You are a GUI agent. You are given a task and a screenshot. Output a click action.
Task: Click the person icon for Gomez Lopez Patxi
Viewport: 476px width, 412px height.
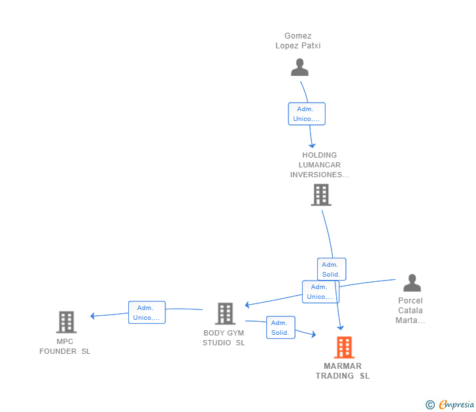tap(299, 67)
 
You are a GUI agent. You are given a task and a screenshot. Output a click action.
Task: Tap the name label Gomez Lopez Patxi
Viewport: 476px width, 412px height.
tap(297, 41)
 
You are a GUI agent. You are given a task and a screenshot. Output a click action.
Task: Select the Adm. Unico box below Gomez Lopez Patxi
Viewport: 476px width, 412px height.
tap(307, 114)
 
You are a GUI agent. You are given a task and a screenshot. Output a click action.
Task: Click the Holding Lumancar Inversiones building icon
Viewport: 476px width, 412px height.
tap(321, 195)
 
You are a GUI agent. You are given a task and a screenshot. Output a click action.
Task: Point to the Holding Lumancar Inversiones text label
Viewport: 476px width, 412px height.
tap(319, 165)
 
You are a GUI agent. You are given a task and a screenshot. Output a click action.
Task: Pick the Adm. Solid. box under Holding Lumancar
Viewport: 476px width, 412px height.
tap(331, 269)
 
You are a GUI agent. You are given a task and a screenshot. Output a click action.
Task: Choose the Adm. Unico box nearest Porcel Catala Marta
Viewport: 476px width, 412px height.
tap(320, 292)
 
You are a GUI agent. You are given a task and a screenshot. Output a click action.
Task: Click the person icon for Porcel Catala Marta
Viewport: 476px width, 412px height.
tap(412, 283)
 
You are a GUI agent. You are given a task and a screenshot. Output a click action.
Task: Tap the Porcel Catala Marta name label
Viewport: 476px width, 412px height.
tap(410, 310)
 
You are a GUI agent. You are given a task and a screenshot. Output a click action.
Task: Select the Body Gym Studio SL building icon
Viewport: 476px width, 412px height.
tap(225, 314)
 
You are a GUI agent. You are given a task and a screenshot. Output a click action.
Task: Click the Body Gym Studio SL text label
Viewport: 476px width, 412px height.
tap(224, 337)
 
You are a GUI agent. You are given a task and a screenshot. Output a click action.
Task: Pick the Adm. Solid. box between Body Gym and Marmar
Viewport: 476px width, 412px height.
tap(280, 327)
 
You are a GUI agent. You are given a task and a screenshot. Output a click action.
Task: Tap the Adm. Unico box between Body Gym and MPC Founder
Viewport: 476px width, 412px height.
tap(146, 313)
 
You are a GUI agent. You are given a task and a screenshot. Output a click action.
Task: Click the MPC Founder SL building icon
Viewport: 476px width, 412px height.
tap(67, 322)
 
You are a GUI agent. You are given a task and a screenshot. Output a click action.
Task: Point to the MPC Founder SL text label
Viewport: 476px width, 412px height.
tap(65, 346)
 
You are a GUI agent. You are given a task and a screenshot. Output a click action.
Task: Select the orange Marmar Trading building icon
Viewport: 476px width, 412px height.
tap(344, 347)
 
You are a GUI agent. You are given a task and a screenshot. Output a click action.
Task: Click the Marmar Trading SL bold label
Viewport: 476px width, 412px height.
tap(343, 371)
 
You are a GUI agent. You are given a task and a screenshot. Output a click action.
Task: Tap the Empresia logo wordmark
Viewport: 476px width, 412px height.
tap(456, 404)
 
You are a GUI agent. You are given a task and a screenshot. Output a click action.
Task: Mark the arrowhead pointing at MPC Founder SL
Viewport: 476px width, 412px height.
tap(93, 316)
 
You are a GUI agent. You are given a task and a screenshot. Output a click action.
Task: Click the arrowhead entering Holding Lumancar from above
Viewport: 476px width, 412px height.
tap(312, 146)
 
